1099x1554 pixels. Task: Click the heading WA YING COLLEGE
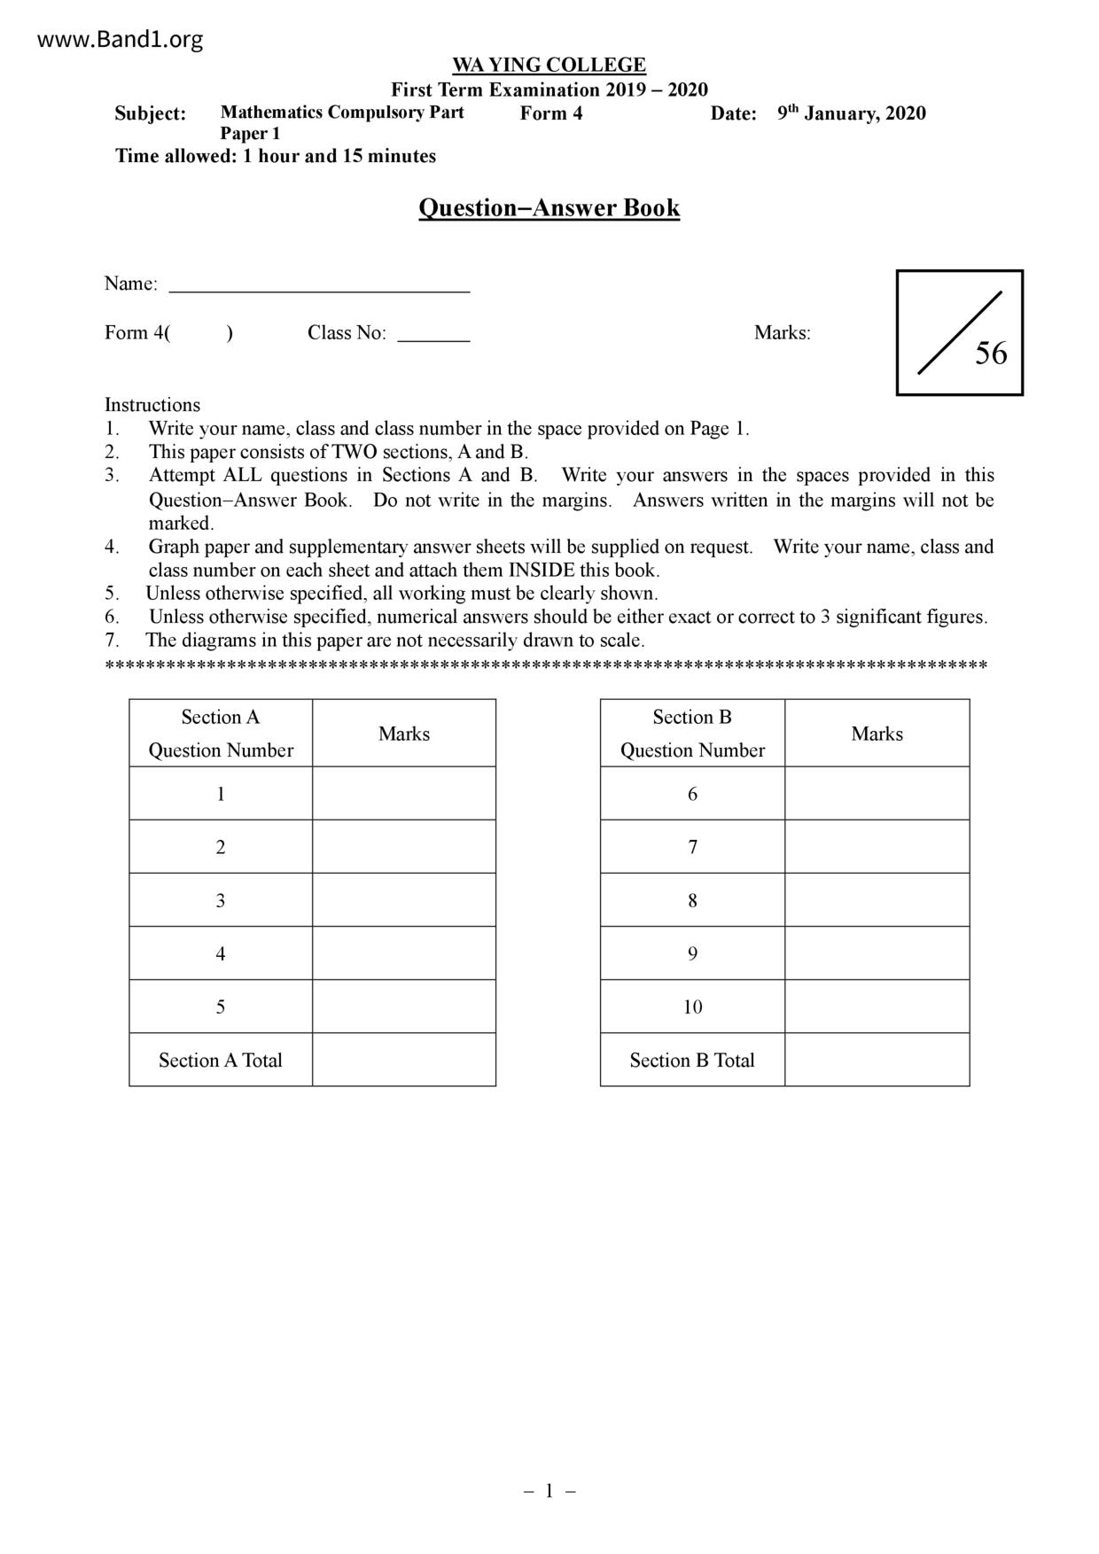549,65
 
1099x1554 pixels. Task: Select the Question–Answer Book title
549,208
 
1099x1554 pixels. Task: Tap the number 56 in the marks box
991,354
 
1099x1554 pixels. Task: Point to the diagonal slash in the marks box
959,332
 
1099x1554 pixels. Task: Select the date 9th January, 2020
851,113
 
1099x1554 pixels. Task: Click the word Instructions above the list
152,405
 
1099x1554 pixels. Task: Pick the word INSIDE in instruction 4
541,571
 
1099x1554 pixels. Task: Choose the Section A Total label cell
221,1061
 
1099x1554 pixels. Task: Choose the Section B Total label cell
692,1061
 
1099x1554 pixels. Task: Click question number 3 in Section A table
221,900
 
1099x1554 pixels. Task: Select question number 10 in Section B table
692,1006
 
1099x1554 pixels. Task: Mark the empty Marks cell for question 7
877,847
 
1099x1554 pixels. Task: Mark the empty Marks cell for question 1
404,794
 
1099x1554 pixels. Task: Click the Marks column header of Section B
877,734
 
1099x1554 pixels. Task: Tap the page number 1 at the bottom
549,1491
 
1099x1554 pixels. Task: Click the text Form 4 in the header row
550,113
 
